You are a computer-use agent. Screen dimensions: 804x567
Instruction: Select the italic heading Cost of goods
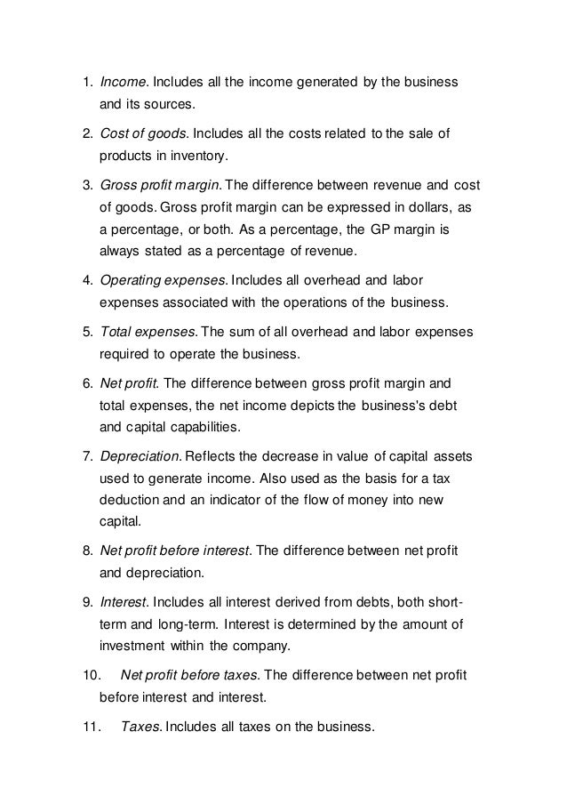pos(141,134)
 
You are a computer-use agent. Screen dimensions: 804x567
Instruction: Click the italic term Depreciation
pos(140,456)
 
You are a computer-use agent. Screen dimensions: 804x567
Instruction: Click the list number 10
pos(82,675)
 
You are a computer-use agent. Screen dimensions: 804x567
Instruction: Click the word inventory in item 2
pos(177,157)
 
